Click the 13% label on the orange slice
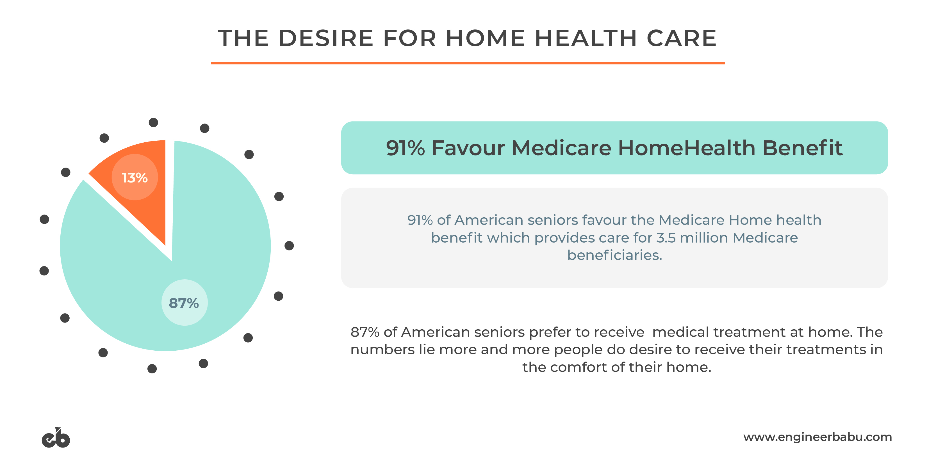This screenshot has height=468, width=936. coord(135,178)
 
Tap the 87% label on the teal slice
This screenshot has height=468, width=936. coord(184,303)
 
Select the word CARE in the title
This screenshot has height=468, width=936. coord(681,38)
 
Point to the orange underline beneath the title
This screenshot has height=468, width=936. coord(468,63)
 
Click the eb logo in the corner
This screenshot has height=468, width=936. coord(56,438)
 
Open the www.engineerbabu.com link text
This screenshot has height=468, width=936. coord(817,437)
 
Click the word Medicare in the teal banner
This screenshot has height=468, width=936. coord(561,148)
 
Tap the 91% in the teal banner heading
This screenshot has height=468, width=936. coord(405,148)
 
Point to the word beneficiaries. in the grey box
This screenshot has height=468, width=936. coord(614,255)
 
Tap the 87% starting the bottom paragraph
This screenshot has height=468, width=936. coord(365,332)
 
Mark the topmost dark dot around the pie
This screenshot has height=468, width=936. coord(153,122)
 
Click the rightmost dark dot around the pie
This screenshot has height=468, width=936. coord(289,246)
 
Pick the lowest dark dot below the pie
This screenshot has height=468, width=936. coord(152,369)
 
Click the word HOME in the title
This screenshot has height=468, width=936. coord(486,38)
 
